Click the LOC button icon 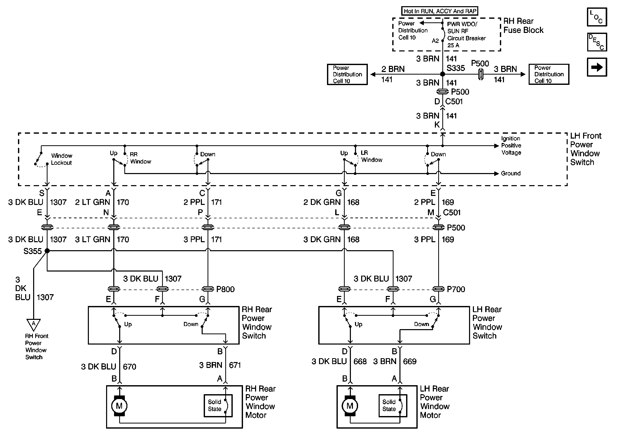click(x=596, y=17)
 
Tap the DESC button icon click(x=596, y=42)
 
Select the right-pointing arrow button click(x=596, y=67)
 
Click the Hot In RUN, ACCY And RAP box click(x=440, y=11)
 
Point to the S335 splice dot click(x=442, y=74)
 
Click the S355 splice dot click(x=47, y=251)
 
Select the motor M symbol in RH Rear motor click(x=119, y=406)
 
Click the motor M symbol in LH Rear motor click(x=350, y=406)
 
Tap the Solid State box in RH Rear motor click(x=218, y=405)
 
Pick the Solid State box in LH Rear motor click(x=392, y=405)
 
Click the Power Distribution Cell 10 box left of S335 click(x=347, y=75)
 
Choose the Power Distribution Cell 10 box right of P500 click(x=549, y=74)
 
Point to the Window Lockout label click(x=62, y=159)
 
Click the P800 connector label click(x=226, y=289)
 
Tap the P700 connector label click(x=456, y=289)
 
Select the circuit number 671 click(x=235, y=365)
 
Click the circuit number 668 click(x=360, y=361)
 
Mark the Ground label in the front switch click(x=511, y=174)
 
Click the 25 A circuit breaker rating click(x=453, y=45)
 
